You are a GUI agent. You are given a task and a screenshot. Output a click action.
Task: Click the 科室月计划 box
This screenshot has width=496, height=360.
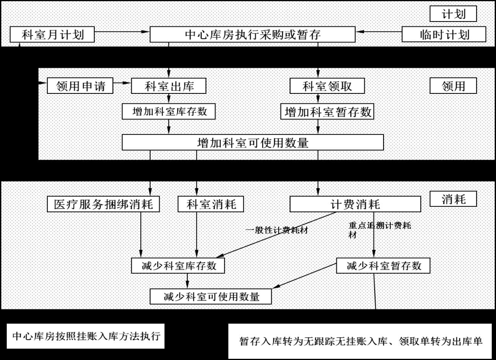click(52, 34)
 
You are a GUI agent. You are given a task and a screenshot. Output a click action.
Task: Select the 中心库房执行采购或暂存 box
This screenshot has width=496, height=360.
click(252, 34)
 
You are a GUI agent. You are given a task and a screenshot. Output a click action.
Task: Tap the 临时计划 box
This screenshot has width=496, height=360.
click(444, 34)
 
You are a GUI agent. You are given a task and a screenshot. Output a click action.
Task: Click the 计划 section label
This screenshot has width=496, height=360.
click(453, 14)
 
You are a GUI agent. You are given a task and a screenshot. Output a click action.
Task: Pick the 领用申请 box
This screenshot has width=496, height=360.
click(80, 86)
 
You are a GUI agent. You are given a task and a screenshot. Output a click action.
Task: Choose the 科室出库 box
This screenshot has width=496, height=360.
click(168, 86)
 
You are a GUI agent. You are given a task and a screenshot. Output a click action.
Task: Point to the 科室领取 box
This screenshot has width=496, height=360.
click(327, 86)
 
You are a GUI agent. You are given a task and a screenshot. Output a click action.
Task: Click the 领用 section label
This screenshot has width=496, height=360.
click(453, 86)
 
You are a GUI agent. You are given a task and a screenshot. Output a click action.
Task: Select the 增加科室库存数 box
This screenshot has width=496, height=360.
click(168, 112)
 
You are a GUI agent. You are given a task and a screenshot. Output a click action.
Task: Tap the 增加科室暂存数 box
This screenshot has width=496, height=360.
click(327, 112)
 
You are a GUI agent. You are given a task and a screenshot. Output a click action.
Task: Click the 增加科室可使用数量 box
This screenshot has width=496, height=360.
click(253, 142)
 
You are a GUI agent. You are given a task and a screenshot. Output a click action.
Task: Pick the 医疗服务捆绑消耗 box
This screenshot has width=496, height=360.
click(103, 204)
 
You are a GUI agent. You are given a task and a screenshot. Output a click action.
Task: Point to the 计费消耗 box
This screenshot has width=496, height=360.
click(355, 204)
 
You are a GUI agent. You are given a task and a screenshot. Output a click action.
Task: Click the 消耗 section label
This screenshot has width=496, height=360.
click(453, 199)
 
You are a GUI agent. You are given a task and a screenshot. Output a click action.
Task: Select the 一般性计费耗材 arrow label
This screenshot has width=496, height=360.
click(277, 230)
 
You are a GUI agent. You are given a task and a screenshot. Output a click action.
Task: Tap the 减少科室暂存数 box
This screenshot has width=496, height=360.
click(383, 266)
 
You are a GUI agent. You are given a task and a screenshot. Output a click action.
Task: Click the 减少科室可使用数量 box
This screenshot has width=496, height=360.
click(210, 296)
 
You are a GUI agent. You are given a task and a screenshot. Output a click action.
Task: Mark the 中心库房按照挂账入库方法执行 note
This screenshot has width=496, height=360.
click(86, 336)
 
